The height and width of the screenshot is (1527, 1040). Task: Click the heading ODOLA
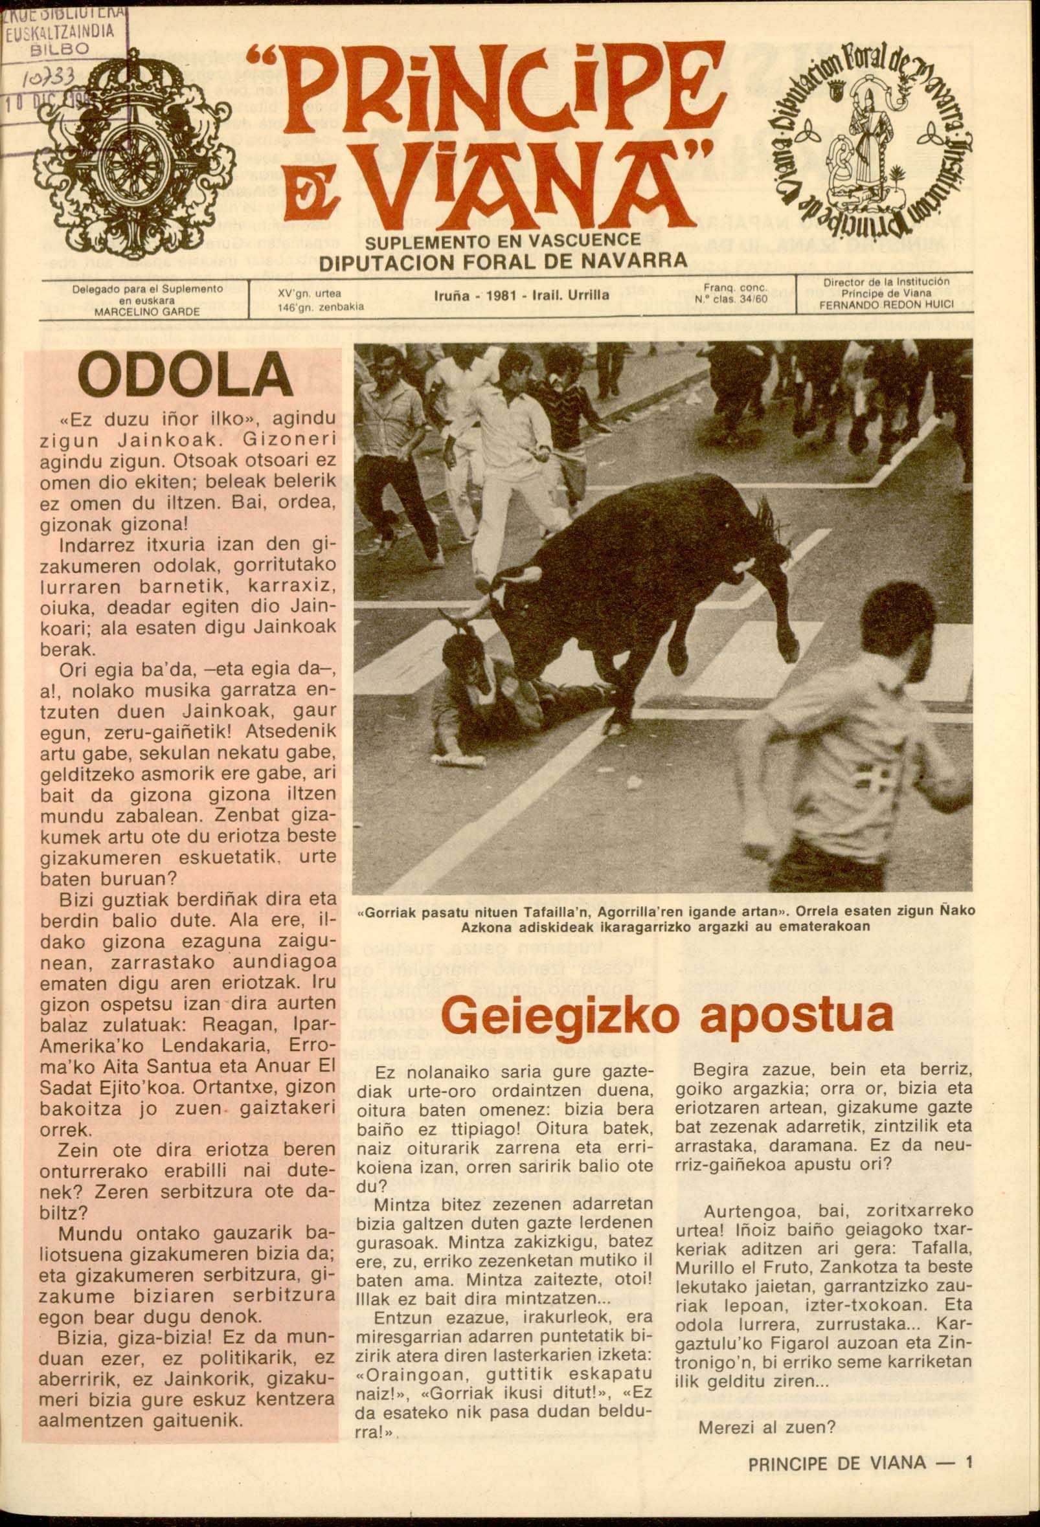(185, 376)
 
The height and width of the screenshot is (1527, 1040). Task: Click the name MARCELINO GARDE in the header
(146, 312)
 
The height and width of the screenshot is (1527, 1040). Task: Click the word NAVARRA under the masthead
(635, 260)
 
